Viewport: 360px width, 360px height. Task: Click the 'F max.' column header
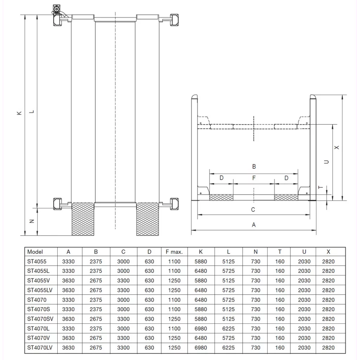pyautogui.click(x=174, y=252)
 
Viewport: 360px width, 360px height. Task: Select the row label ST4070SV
pyautogui.click(x=40, y=319)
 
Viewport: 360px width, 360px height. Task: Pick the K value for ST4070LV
pyautogui.click(x=201, y=348)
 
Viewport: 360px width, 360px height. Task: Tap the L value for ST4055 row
pyautogui.click(x=229, y=262)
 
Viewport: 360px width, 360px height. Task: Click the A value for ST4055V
pyautogui.click(x=68, y=281)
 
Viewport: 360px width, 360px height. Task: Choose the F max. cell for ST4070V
pyautogui.click(x=174, y=338)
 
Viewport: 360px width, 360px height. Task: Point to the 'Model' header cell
pyautogui.click(x=35, y=252)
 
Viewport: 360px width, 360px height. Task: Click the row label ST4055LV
pyautogui.click(x=40, y=290)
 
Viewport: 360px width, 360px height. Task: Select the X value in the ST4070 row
pyautogui.click(x=328, y=300)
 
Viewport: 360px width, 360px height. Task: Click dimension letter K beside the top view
pyautogui.click(x=19, y=113)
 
